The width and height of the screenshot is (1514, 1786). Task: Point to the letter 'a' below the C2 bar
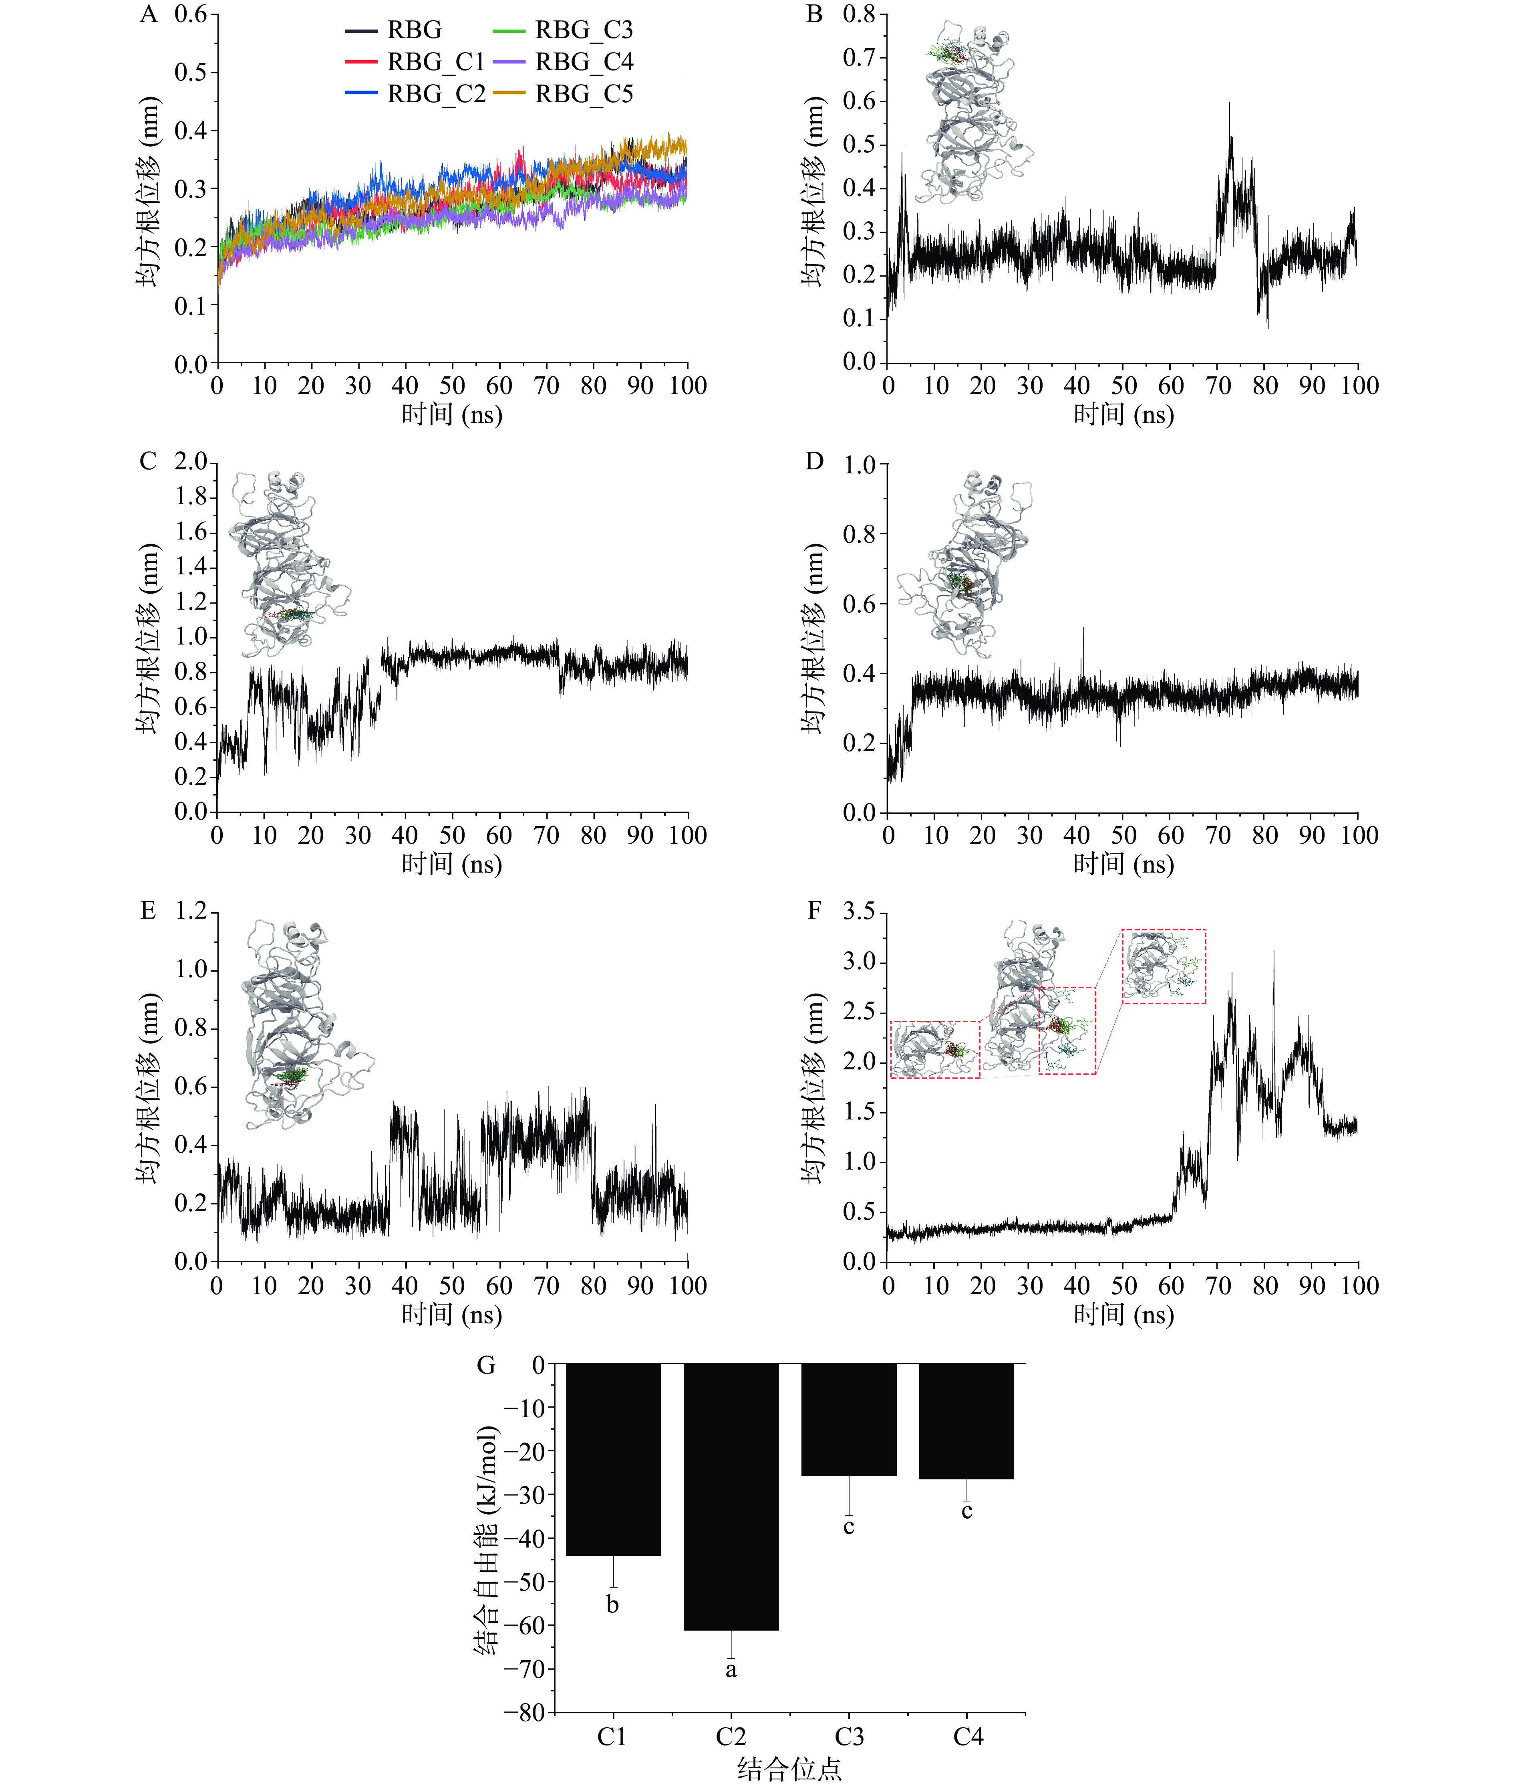(731, 1670)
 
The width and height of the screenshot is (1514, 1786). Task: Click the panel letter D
(815, 462)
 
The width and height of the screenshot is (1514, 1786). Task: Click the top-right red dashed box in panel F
(1164, 966)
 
